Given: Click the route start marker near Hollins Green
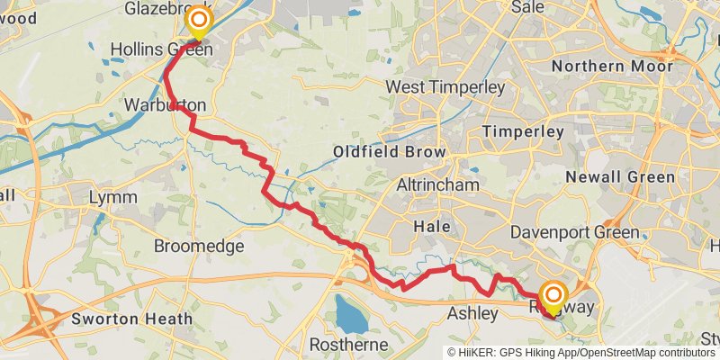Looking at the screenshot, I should click(197, 21).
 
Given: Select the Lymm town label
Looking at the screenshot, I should click(114, 197).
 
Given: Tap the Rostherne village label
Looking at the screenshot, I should click(348, 345).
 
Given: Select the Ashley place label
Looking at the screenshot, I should click(472, 314).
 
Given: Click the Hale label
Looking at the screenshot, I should click(429, 229).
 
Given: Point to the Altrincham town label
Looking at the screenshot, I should click(435, 184).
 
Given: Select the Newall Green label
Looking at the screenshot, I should click(620, 177).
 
